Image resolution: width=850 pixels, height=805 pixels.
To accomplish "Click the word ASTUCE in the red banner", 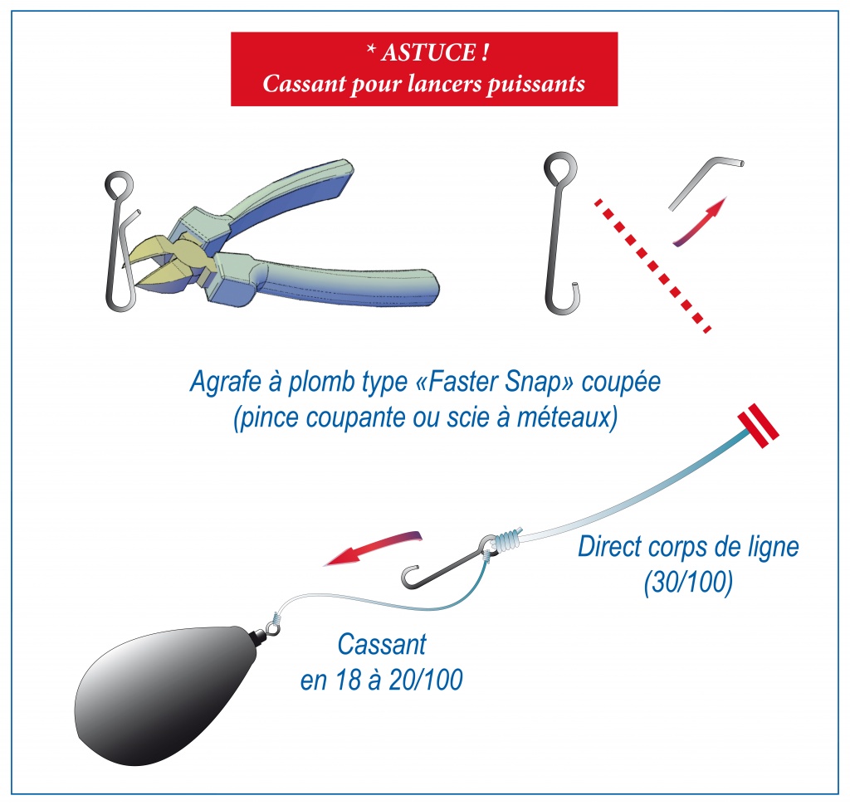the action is (428, 52).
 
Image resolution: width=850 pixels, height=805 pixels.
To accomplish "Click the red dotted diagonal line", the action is (652, 266).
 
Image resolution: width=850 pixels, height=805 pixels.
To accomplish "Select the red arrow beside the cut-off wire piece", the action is (699, 222).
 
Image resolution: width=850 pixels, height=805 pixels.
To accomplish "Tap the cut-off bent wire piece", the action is (706, 182).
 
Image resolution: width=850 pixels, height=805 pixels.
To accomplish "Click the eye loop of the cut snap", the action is (560, 167).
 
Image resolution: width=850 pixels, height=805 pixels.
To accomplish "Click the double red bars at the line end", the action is (758, 426).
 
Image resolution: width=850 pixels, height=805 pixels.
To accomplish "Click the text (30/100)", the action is (688, 583).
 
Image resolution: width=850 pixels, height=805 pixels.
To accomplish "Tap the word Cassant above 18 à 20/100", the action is (382, 645).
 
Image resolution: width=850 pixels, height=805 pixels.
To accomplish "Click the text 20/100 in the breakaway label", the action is (426, 680).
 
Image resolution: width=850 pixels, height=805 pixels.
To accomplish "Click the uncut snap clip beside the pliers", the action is (120, 242).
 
